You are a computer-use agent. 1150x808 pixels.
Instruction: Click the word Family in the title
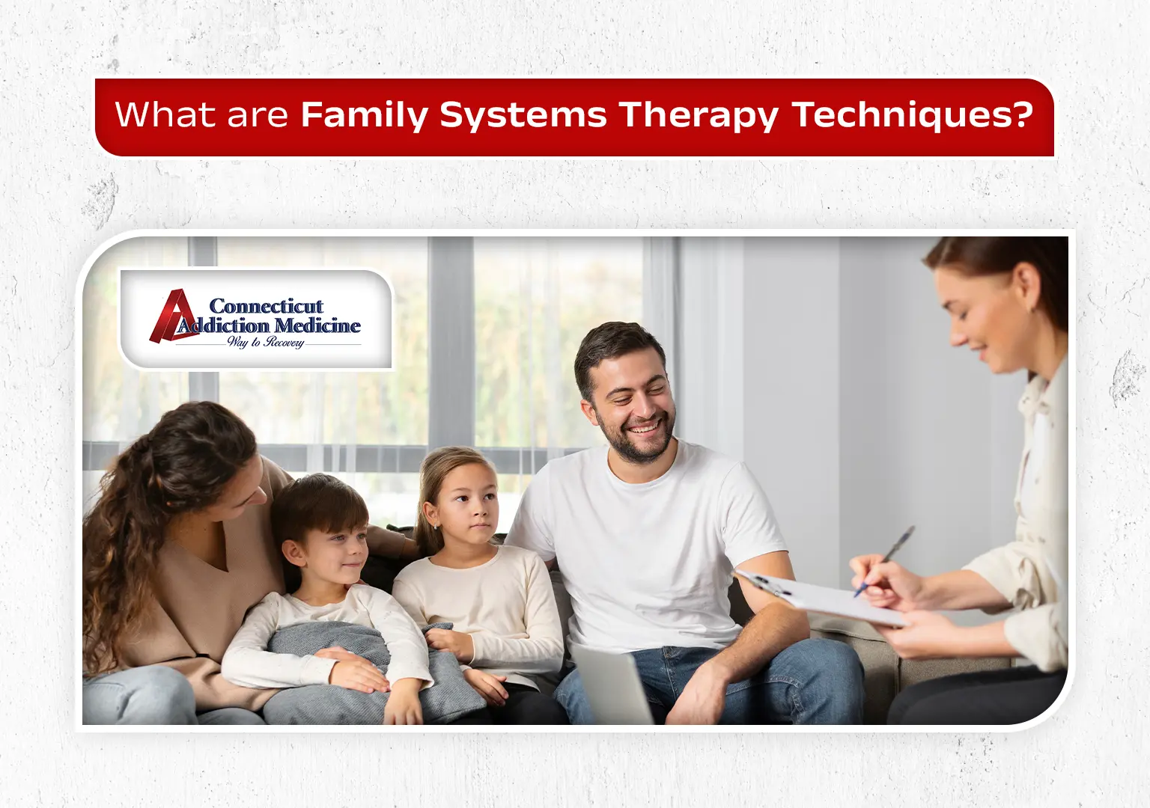click(x=364, y=115)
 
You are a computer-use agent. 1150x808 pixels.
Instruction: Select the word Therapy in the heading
click(x=698, y=115)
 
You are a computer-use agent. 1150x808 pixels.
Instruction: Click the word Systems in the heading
click(x=523, y=115)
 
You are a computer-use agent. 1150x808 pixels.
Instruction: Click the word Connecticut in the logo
click(x=266, y=306)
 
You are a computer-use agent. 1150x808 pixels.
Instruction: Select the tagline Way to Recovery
click(x=266, y=342)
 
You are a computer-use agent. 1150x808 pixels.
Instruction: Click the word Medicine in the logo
click(x=317, y=325)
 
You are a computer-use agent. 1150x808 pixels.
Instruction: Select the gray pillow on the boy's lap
click(x=359, y=666)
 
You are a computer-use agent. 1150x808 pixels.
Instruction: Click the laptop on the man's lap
click(x=610, y=685)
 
